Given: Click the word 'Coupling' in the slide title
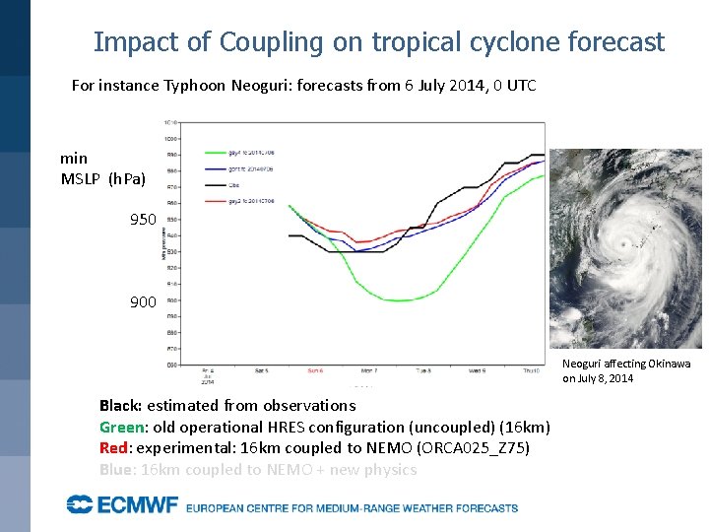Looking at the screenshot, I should [x=271, y=42].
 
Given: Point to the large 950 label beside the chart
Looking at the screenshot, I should [x=143, y=219].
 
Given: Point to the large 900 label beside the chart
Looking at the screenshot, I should [x=143, y=301].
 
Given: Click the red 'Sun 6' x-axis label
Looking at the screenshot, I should [x=314, y=371].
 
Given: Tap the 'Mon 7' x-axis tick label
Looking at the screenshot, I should [x=368, y=371].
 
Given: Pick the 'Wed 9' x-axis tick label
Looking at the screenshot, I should [x=477, y=371].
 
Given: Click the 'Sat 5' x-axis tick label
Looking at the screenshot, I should [x=261, y=371].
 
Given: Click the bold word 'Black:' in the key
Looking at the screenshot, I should [x=120, y=405].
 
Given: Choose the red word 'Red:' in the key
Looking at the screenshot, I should [x=114, y=448].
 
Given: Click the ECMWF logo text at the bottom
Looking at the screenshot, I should [x=123, y=505].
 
